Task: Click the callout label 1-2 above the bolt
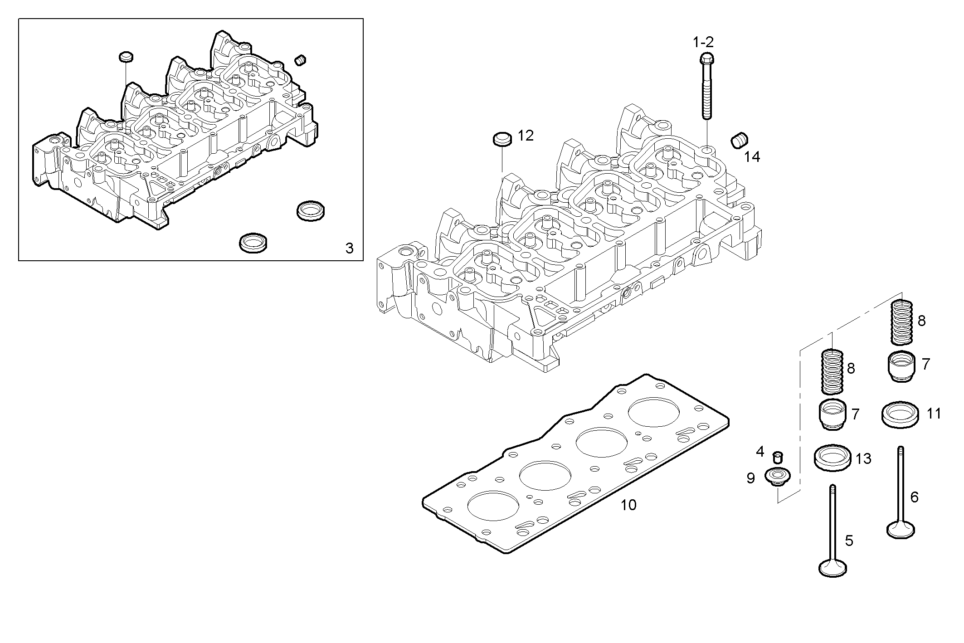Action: (703, 42)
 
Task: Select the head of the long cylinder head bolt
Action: (707, 58)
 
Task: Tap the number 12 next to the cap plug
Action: (526, 135)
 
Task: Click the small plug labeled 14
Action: (740, 141)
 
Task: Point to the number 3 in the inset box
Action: (349, 248)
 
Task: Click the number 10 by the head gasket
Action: (628, 505)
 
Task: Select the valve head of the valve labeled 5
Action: (833, 568)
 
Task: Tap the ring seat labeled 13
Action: (833, 458)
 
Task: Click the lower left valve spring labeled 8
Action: (833, 371)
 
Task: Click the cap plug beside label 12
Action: (502, 139)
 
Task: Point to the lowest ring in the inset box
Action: (253, 243)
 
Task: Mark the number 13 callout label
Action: (863, 459)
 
